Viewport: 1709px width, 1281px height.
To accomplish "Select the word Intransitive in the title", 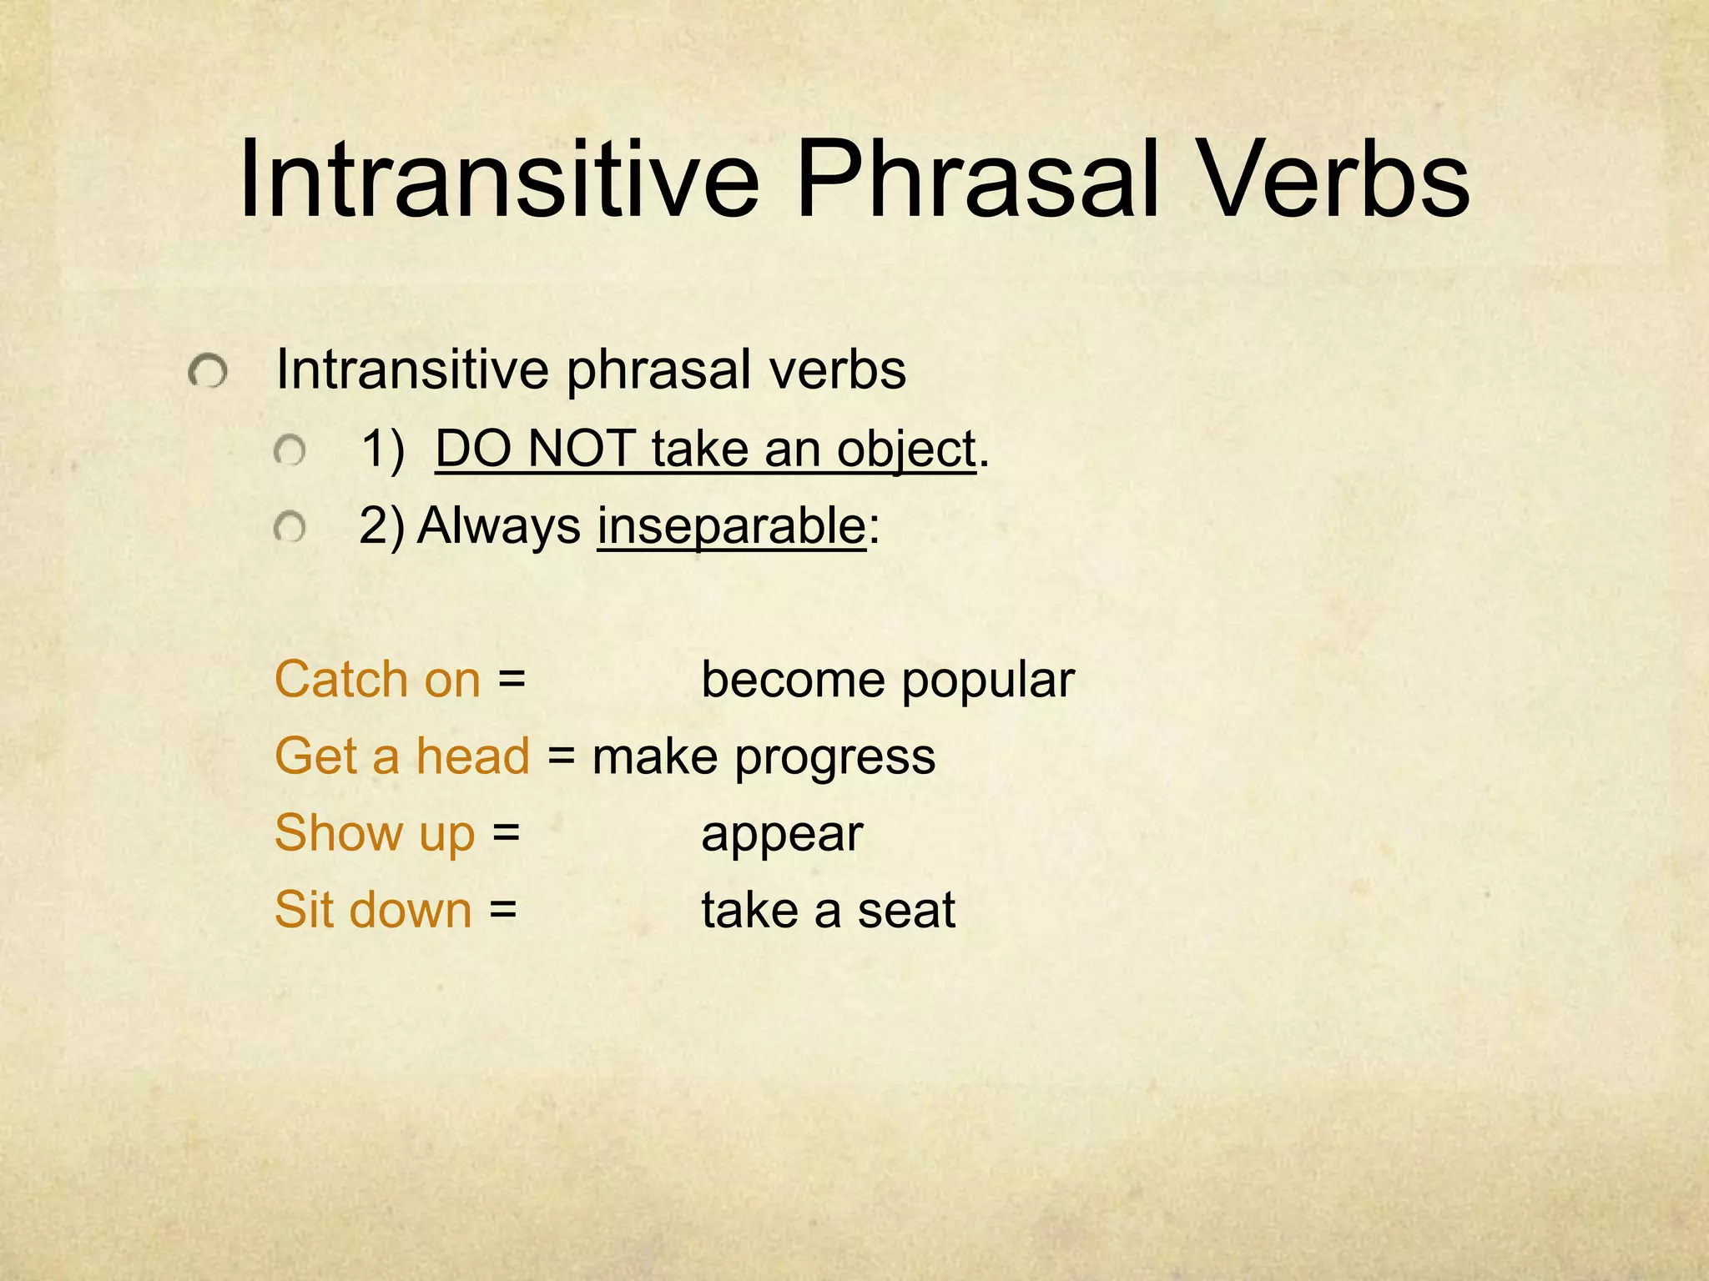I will pyautogui.click(x=498, y=182).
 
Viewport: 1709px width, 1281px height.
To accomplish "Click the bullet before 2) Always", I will pyautogui.click(x=290, y=528).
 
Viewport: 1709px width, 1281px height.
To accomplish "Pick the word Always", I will pyautogui.click(x=498, y=526).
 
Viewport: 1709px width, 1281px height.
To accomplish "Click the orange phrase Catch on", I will pyautogui.click(x=377, y=680).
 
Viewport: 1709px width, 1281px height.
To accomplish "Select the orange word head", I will pyautogui.click(x=473, y=756).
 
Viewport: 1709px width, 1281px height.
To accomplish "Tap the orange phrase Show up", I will pyautogui.click(x=375, y=833).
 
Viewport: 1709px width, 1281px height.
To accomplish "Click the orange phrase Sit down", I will pyautogui.click(x=373, y=910).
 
